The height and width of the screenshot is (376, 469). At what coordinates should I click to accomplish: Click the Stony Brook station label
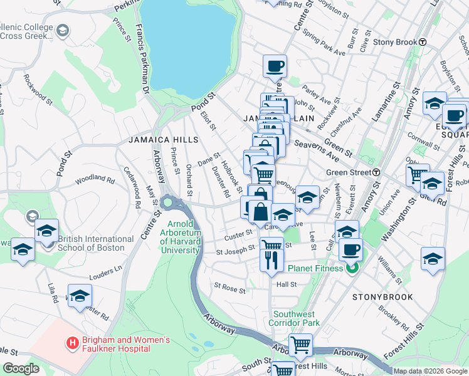[x=395, y=43]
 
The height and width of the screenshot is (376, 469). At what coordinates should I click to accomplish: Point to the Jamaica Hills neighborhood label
[x=164, y=140]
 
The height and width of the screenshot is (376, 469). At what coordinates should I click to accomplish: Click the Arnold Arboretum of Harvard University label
[x=185, y=237]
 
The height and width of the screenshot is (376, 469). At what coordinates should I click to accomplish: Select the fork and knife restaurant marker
[x=271, y=259]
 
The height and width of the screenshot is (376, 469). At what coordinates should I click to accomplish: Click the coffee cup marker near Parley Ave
[x=276, y=66]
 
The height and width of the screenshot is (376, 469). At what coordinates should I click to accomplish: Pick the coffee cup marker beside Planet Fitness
[x=350, y=250]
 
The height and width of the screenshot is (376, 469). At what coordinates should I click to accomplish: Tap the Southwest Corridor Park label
[x=296, y=318]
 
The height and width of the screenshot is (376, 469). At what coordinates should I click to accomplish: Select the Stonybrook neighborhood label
[x=382, y=296]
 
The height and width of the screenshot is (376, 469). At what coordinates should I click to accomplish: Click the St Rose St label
[x=229, y=289]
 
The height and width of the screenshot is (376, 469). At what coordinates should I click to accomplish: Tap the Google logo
[x=21, y=368]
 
